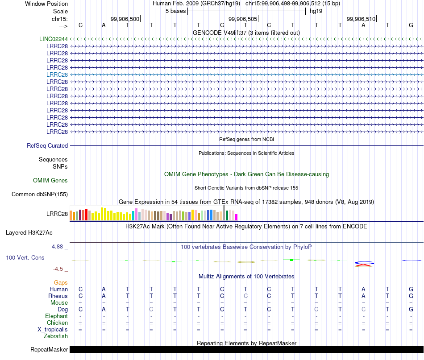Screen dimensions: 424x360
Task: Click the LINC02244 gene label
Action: click(x=53, y=39)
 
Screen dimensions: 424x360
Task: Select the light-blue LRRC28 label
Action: click(x=57, y=74)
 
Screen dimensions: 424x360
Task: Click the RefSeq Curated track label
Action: click(x=47, y=146)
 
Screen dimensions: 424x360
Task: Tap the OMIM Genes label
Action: click(x=50, y=180)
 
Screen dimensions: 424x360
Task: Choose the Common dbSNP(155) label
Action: click(x=40, y=194)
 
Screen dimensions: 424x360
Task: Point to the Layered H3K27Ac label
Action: click(x=29, y=233)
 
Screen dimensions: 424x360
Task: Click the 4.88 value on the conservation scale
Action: click(x=57, y=247)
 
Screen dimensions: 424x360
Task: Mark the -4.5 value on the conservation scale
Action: click(x=58, y=269)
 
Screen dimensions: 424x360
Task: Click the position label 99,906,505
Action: click(x=243, y=19)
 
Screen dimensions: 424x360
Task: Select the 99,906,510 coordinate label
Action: click(x=361, y=19)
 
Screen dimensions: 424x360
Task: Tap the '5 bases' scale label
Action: click(x=176, y=11)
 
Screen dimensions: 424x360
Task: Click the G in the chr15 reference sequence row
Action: click(x=411, y=25)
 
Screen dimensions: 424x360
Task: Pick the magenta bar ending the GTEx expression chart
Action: click(x=237, y=217)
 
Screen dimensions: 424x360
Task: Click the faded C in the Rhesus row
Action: click(x=245, y=296)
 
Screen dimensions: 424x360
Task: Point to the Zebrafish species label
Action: click(x=56, y=336)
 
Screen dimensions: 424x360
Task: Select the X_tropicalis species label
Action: click(x=53, y=330)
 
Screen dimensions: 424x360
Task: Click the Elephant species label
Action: click(x=57, y=316)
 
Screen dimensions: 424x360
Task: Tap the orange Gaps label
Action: click(x=61, y=282)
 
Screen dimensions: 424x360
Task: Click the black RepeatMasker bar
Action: click(x=247, y=349)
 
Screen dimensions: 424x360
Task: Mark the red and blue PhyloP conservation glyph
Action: click(x=364, y=264)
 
